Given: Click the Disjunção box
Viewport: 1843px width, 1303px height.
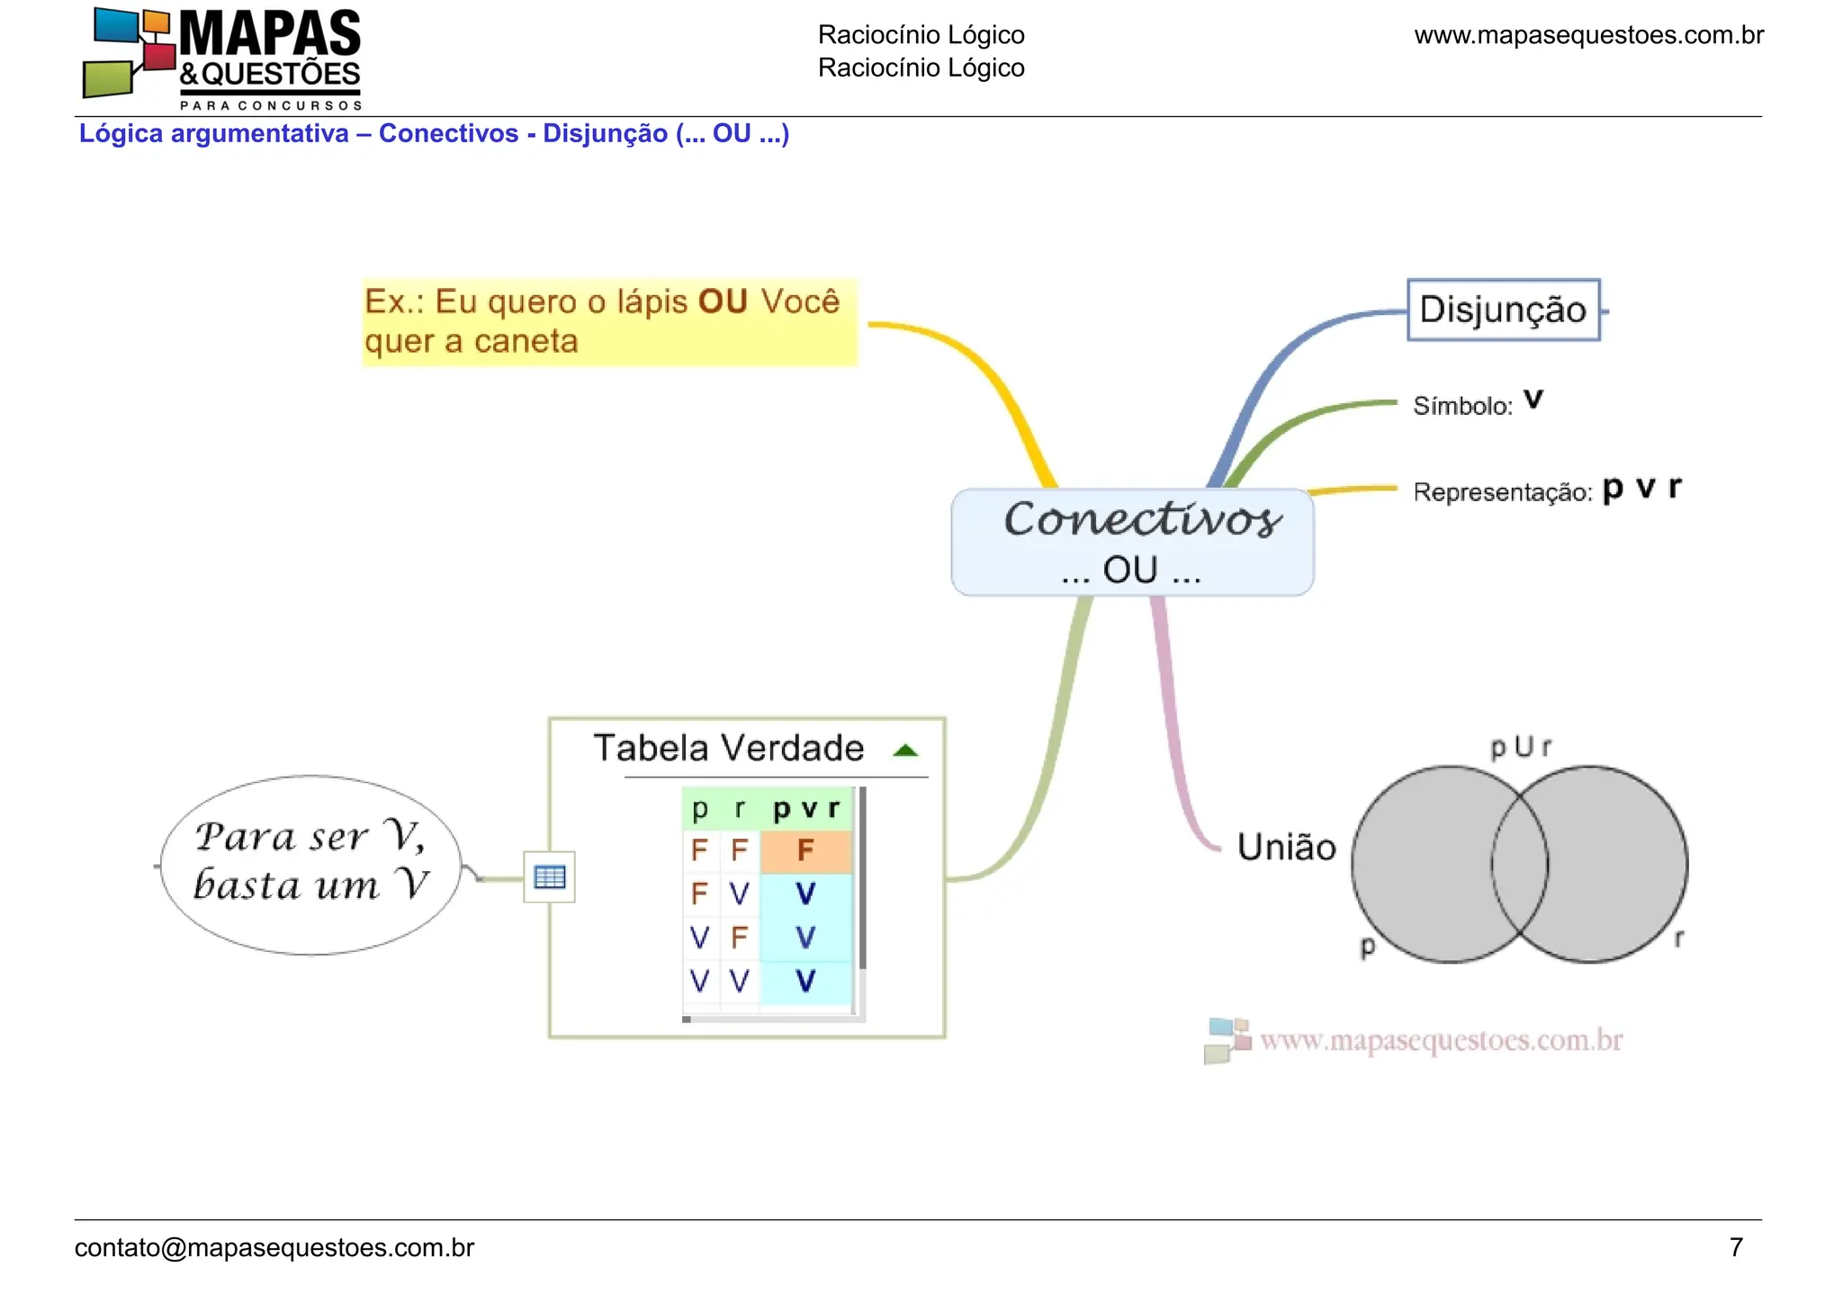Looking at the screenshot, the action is [x=1504, y=310].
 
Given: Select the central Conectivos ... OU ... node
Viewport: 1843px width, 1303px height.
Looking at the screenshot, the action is [x=1132, y=542].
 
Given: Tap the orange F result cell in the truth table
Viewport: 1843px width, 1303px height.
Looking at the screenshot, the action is [x=805, y=850].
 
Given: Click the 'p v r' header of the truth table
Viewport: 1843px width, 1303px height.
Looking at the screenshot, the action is [x=806, y=809].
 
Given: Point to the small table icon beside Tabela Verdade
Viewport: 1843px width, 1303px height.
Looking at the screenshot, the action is [x=549, y=876].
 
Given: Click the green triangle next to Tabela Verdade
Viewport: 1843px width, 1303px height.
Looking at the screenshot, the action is [x=906, y=750].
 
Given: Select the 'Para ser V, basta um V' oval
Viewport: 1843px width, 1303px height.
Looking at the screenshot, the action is [x=310, y=864].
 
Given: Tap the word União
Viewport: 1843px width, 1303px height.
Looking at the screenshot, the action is [x=1287, y=847].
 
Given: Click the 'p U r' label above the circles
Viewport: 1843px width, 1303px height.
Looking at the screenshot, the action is [x=1521, y=747].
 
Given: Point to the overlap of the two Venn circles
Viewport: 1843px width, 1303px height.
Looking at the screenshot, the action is [x=1520, y=864].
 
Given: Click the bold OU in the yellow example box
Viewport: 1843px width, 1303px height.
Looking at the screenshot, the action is [x=723, y=301].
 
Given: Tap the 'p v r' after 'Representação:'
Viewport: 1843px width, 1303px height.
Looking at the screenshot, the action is [x=1642, y=488].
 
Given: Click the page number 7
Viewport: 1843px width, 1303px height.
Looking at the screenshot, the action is [x=1736, y=1247].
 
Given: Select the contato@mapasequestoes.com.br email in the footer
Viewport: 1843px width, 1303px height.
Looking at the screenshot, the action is [x=274, y=1248].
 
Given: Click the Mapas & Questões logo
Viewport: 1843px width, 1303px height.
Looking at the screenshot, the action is [x=222, y=58].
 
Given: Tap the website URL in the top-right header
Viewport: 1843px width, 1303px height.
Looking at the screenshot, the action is [x=1589, y=35].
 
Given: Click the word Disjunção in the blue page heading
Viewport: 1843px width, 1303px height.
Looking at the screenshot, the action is [x=605, y=134].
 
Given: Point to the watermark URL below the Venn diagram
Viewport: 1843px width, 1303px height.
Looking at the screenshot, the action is [x=1441, y=1040].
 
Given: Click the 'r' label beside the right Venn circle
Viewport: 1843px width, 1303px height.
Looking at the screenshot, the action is [x=1678, y=939].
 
